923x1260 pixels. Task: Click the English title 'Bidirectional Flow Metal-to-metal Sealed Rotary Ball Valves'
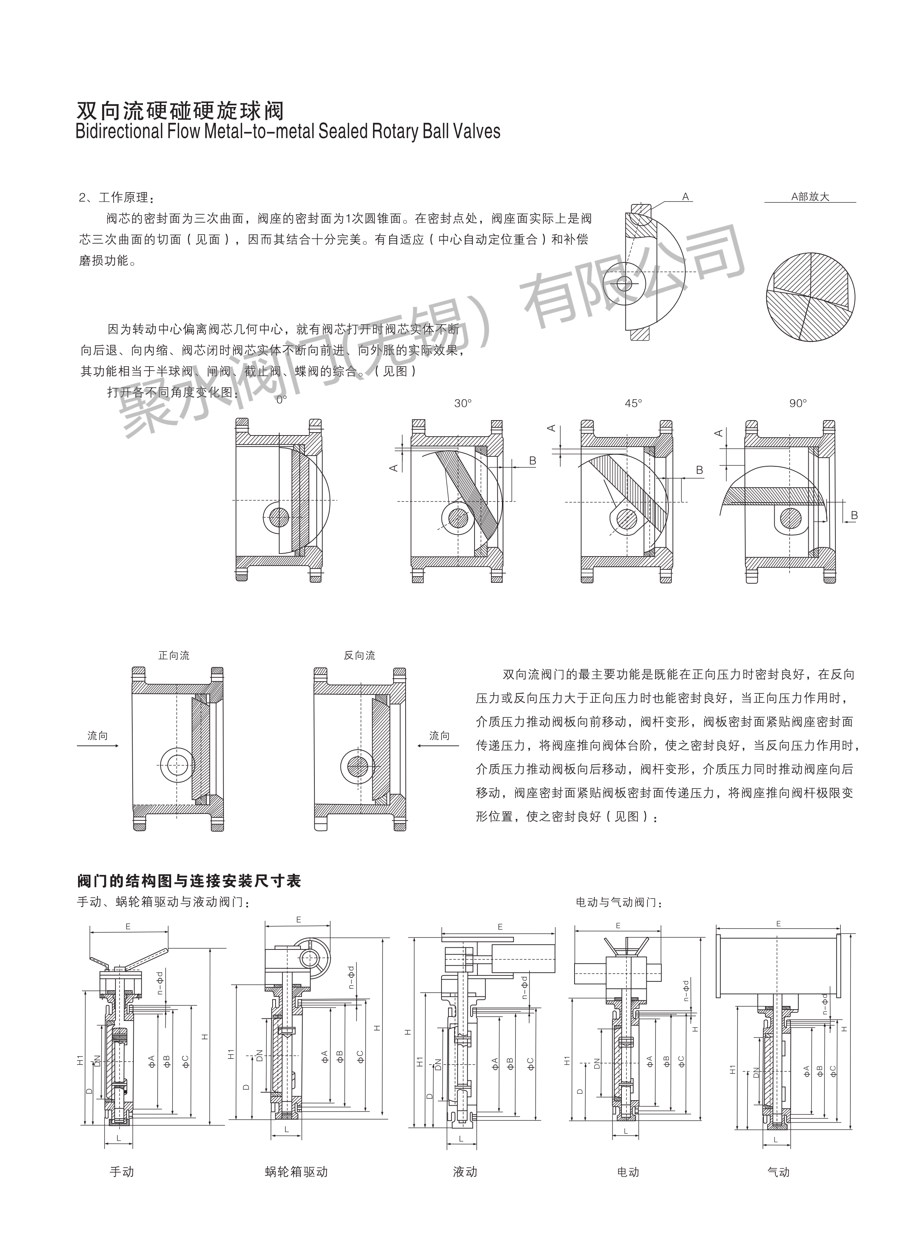click(x=288, y=131)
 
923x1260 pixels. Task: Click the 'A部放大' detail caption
click(x=810, y=197)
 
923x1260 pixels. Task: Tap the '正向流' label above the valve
click(x=174, y=655)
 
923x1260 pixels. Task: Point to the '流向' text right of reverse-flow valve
click(x=439, y=736)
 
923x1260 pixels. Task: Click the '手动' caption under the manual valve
click(x=122, y=1172)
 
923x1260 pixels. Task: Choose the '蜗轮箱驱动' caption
click(x=296, y=1172)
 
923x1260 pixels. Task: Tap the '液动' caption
click(x=465, y=1172)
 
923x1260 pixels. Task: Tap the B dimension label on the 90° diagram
click(x=854, y=515)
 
